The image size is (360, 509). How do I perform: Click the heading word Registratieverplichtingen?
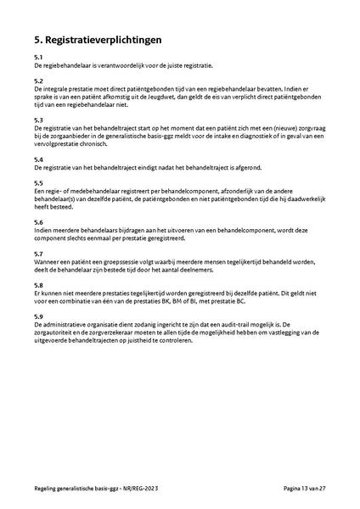(104, 40)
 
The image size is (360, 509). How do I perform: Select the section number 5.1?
(38, 58)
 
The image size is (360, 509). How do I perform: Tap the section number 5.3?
(38, 120)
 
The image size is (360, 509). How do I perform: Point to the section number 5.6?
(38, 221)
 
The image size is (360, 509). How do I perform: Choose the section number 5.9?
(38, 316)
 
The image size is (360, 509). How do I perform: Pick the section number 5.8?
(38, 284)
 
